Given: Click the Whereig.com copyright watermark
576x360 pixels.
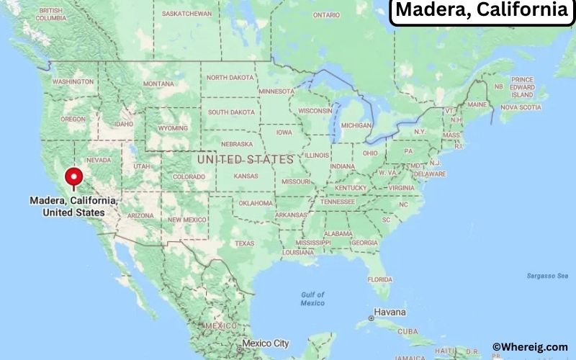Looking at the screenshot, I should click(529, 347).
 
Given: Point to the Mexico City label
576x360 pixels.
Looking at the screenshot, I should click(266, 343).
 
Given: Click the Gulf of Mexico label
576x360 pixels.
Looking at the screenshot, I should click(312, 299).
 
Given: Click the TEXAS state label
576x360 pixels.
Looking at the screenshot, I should click(244, 243).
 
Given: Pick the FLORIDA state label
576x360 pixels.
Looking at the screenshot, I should click(379, 279).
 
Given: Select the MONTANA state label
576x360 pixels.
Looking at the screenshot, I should click(158, 84).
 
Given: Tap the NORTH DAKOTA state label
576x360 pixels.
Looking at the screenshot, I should click(231, 78).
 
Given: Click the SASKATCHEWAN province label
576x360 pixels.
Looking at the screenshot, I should click(186, 14).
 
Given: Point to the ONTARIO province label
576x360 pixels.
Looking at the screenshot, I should click(326, 14).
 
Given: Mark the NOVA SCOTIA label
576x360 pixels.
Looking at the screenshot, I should click(520, 107).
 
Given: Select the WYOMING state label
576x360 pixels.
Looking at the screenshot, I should click(173, 128).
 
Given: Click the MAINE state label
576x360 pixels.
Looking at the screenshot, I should click(477, 104).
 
